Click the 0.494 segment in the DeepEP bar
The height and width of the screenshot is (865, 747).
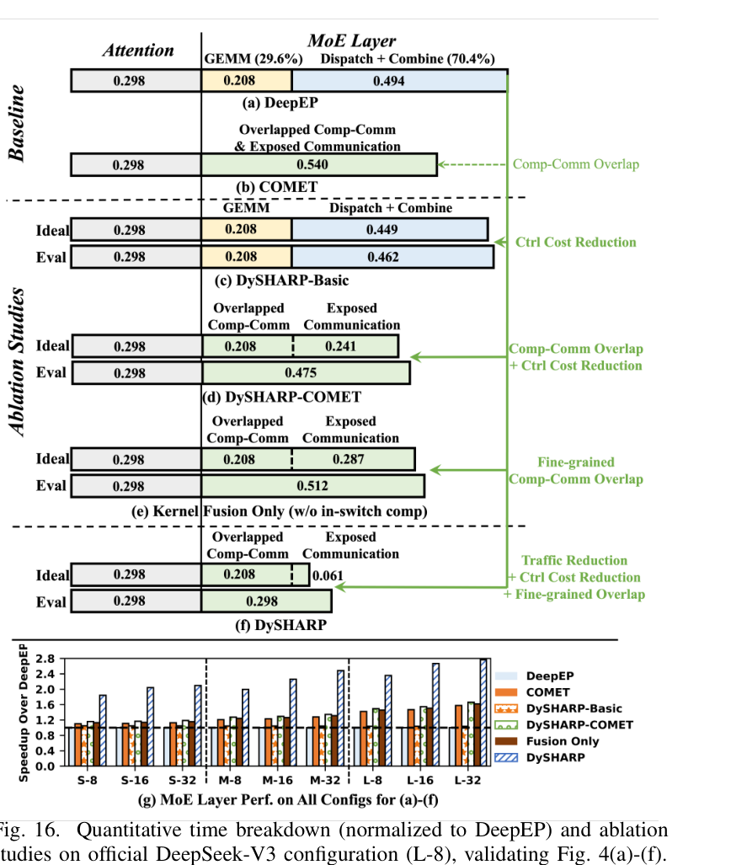tap(399, 81)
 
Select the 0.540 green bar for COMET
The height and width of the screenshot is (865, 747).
tap(319, 165)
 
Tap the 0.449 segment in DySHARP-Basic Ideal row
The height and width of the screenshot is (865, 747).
tap(389, 229)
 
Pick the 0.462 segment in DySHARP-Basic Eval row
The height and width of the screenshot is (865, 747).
tap(392, 257)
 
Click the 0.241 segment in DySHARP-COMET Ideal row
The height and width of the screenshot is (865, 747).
tap(345, 346)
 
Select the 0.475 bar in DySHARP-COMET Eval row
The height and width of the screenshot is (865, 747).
tap(307, 373)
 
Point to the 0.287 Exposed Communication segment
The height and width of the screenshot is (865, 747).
tap(353, 460)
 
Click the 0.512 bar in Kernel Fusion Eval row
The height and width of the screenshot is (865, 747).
tap(312, 486)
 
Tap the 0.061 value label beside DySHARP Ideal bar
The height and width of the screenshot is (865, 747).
tap(328, 576)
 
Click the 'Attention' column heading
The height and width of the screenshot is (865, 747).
tap(138, 51)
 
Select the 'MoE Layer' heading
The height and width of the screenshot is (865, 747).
tap(351, 40)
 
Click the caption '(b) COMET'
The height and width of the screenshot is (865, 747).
tap(276, 187)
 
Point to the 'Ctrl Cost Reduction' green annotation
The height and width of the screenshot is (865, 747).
tap(575, 243)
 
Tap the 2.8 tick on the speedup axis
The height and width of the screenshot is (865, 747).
tap(45, 659)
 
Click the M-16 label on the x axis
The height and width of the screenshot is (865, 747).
tap(278, 780)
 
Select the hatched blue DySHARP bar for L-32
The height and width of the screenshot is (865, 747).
tap(483, 713)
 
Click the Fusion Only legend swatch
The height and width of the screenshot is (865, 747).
tap(506, 741)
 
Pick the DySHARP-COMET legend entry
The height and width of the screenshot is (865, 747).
tap(564, 725)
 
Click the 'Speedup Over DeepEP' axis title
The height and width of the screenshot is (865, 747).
tap(24, 713)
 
